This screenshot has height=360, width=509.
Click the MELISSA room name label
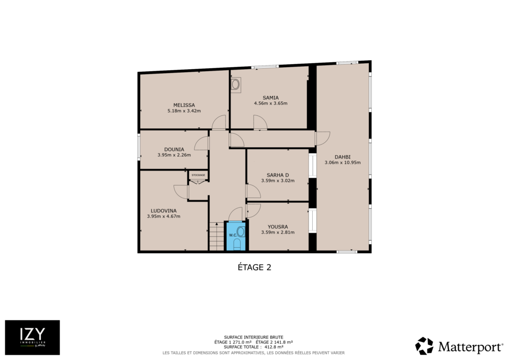coord(184,105)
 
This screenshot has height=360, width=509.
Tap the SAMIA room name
coord(271,98)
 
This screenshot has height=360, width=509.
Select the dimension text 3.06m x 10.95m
coord(342,163)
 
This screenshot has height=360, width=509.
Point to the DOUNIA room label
coord(174,150)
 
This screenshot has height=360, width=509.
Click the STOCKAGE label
coord(198,176)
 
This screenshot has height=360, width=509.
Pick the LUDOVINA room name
coord(164,211)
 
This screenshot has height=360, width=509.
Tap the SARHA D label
coord(278,175)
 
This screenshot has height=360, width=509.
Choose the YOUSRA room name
coord(278,227)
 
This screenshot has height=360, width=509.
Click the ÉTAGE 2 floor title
coord(254,268)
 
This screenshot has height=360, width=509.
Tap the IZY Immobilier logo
coord(32,338)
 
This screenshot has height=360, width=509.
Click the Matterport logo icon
coord(424,346)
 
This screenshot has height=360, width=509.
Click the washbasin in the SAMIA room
coord(236,85)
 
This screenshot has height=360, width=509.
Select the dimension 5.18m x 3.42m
coord(184,111)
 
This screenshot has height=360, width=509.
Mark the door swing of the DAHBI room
coord(323,138)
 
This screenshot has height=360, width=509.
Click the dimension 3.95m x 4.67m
coord(164,216)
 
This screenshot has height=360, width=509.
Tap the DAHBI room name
coord(342,157)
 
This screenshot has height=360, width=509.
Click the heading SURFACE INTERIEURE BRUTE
coord(254,337)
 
